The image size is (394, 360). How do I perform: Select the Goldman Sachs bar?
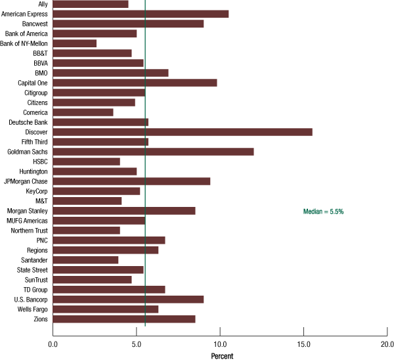[x=153, y=152]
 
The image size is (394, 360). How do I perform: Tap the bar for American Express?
[x=141, y=14]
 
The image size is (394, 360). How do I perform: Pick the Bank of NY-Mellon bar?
[x=74, y=43]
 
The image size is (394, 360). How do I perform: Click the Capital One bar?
[x=135, y=83]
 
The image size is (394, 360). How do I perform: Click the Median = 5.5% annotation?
[x=323, y=212]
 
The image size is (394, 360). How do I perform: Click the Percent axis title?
[x=222, y=355]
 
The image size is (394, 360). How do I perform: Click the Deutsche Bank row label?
[x=28, y=122]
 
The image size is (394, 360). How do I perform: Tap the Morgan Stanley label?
[x=27, y=211]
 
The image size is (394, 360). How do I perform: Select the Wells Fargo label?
[x=31, y=309]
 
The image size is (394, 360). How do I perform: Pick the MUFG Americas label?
[x=27, y=221]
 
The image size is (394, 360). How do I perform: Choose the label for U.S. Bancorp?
[x=30, y=300]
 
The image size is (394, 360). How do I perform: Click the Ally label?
[x=43, y=4]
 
